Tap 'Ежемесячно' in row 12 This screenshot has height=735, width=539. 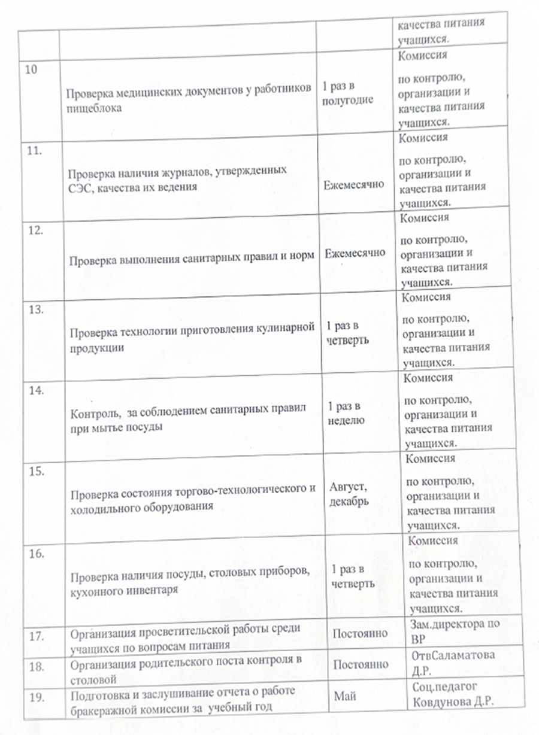tap(355, 253)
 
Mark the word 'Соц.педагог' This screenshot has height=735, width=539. tap(443, 685)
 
